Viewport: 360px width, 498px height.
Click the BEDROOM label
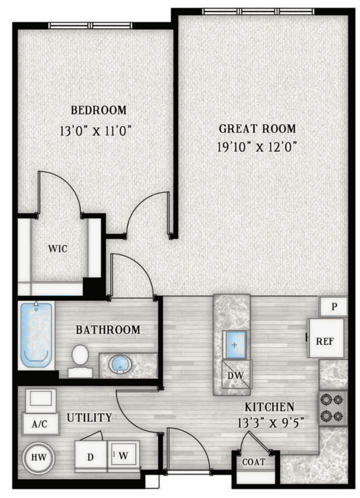coord(98,109)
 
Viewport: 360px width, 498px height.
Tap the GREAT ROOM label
coord(257,128)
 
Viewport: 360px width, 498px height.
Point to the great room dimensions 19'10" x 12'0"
coord(257,147)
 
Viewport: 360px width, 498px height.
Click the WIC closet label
coord(58,248)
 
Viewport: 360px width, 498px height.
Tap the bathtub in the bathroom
coord(36,334)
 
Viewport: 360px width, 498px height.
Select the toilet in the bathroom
coord(79,358)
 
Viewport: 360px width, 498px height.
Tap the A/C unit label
coord(40,425)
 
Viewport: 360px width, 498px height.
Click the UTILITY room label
coord(90,417)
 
